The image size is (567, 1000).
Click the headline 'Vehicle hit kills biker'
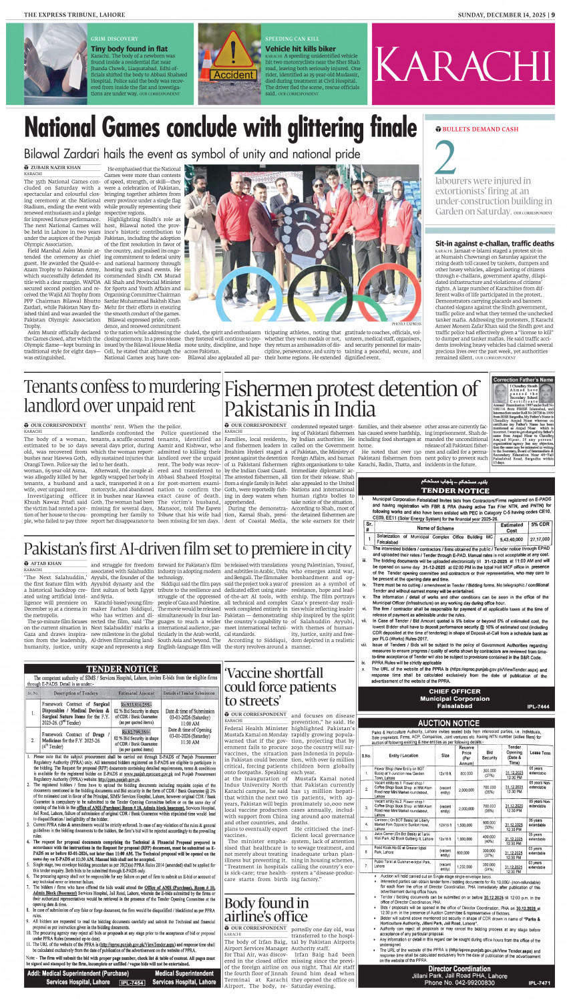(301, 49)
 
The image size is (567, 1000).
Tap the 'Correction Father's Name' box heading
(523, 379)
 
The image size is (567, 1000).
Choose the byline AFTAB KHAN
(46, 564)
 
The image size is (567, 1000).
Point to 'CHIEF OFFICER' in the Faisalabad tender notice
(454, 691)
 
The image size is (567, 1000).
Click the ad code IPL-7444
(538, 706)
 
